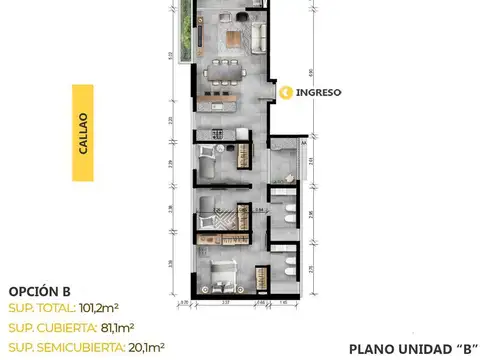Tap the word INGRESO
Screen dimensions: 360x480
(x=319, y=92)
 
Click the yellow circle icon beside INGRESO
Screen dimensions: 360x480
(x=287, y=92)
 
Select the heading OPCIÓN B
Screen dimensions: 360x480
(x=39, y=289)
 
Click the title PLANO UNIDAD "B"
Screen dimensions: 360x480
(x=411, y=348)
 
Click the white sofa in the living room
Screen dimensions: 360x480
(x=259, y=37)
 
